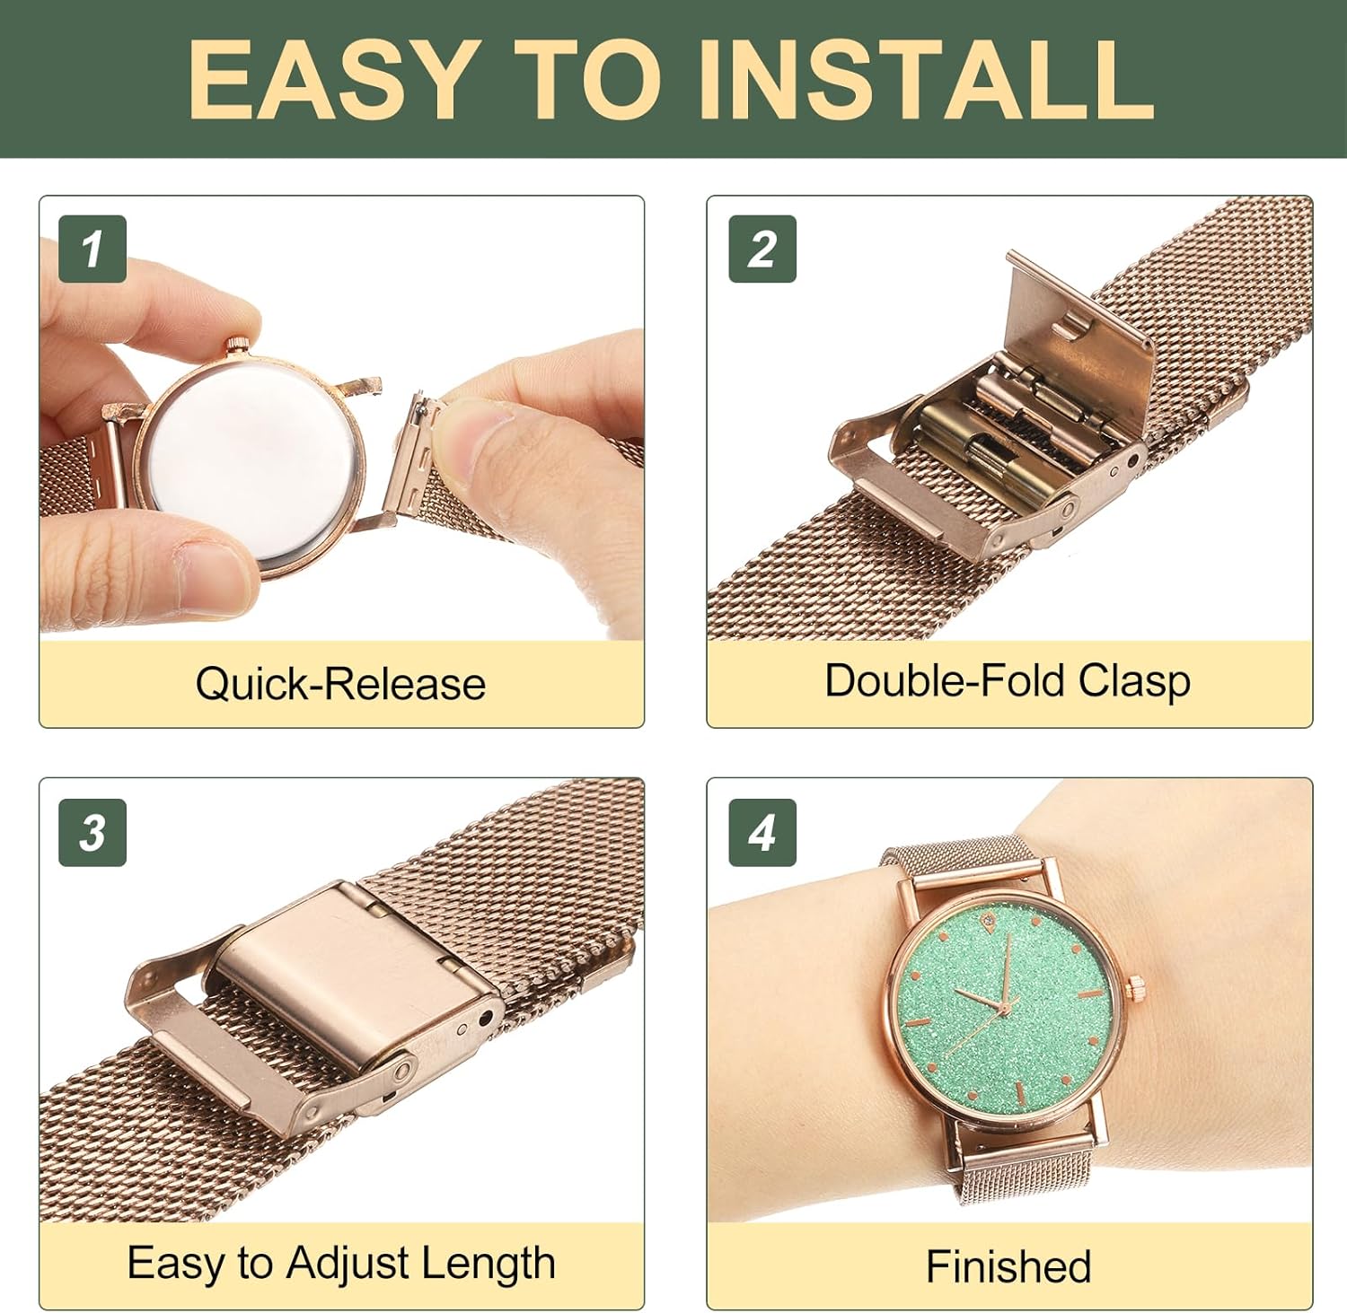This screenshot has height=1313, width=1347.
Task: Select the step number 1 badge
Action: [92, 249]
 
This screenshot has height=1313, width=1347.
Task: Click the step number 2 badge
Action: [762, 249]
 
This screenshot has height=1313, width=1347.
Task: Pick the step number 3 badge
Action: [92, 833]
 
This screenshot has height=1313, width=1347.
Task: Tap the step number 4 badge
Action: [762, 833]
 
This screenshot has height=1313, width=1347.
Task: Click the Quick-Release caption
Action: [340, 684]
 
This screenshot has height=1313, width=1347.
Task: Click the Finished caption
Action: [1008, 1267]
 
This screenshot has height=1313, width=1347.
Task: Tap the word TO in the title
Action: [585, 78]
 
